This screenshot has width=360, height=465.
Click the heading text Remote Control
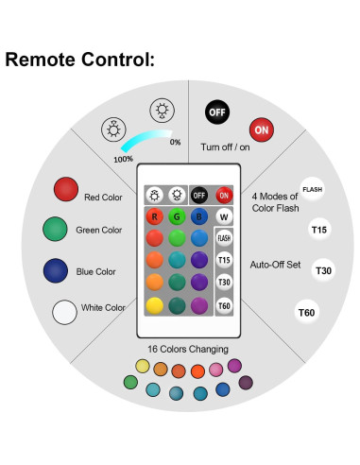pyautogui.click(x=79, y=60)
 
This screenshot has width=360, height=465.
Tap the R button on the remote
pyautogui.click(x=154, y=215)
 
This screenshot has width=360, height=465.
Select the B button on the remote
pyautogui.click(x=199, y=215)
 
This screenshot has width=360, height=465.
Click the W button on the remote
pyautogui.click(x=223, y=216)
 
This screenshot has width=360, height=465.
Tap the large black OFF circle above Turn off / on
pyautogui.click(x=217, y=112)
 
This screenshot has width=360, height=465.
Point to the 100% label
pyautogui.click(x=123, y=159)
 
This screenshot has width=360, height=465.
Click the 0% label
pyautogui.click(x=175, y=143)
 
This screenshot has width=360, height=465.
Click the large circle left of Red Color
pyautogui.click(x=65, y=189)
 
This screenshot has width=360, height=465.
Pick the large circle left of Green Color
pyautogui.click(x=56, y=229)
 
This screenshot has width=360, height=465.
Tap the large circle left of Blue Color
pyautogui.click(x=56, y=270)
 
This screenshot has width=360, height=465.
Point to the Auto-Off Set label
pyautogui.click(x=274, y=265)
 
